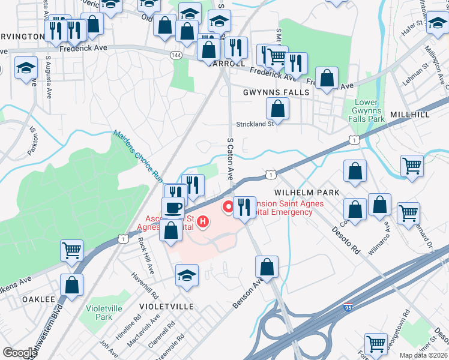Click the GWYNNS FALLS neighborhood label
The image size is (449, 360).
pyautogui.click(x=276, y=92)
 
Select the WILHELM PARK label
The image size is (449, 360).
pyautogui.click(x=307, y=192)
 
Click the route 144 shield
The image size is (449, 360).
pyautogui.click(x=176, y=55)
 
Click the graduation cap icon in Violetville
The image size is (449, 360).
pyautogui.click(x=187, y=276)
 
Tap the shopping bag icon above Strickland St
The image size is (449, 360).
pyautogui.click(x=277, y=109)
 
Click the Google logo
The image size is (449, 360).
pyautogui.click(x=20, y=353)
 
